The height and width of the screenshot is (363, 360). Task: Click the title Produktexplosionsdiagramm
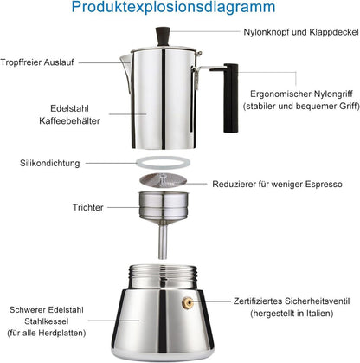point(180,10)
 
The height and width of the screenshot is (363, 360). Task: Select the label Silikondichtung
point(55,163)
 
